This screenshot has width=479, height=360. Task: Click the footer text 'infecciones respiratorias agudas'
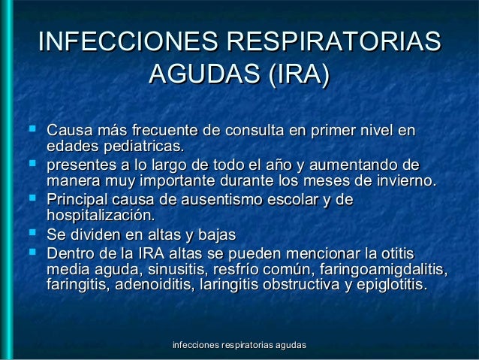point(239,345)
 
